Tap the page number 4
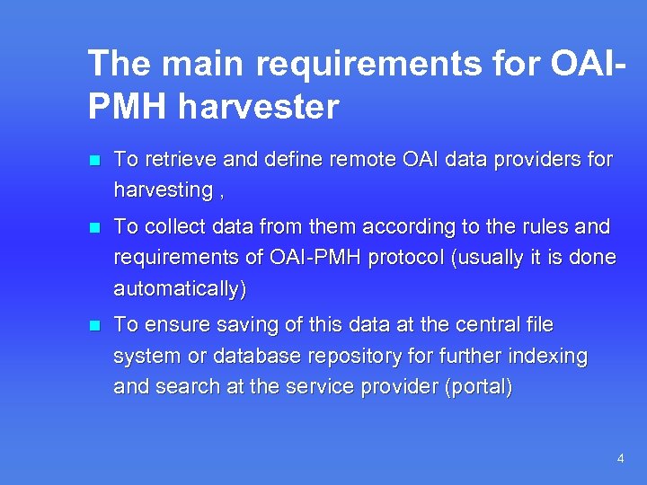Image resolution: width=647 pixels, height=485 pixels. (620, 459)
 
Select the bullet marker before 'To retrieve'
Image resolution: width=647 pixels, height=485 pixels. (93, 161)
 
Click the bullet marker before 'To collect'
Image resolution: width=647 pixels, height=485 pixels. (93, 227)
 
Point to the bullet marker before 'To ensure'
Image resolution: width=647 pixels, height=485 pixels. (93, 325)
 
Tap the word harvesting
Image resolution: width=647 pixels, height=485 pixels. (162, 190)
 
